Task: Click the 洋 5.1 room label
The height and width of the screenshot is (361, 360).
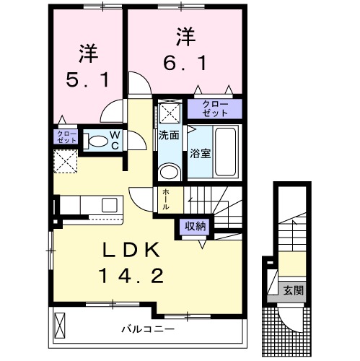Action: [x=87, y=66]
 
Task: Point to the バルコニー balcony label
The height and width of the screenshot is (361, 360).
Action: [x=148, y=329]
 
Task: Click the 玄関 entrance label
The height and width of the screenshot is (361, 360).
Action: [x=293, y=291]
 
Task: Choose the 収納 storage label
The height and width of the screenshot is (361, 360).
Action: [x=195, y=226]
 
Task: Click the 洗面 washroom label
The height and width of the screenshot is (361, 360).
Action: [x=170, y=135]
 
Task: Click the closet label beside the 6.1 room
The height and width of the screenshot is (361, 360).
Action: [x=216, y=109]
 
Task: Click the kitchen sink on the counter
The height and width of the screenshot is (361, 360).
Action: [x=110, y=204]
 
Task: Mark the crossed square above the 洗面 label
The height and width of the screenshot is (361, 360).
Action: [x=170, y=111]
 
